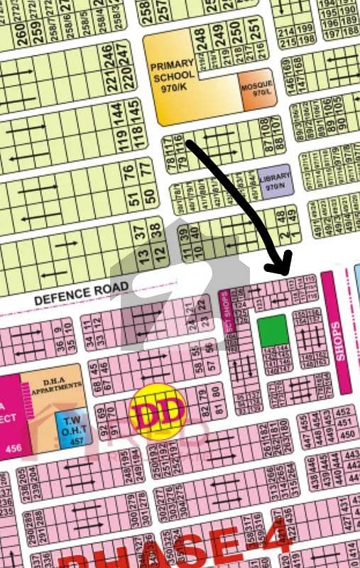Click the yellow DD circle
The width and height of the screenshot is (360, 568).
(158, 410)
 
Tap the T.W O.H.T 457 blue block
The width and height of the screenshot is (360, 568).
(68, 427)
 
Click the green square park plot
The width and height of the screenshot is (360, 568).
(273, 331)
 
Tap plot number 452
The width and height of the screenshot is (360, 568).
(347, 413)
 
